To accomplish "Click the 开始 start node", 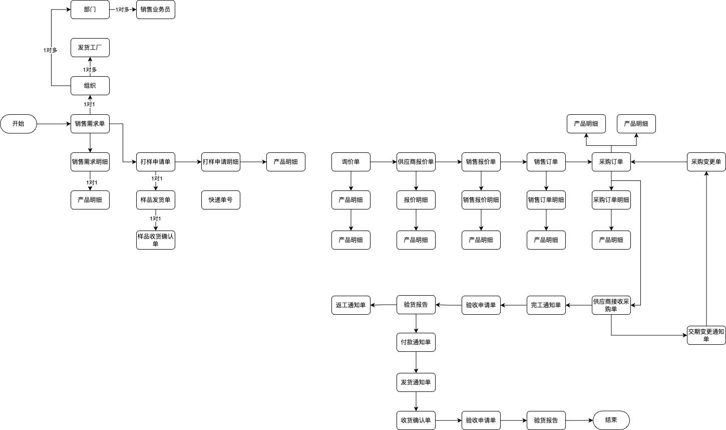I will click(x=19, y=124).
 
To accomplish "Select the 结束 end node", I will click(x=611, y=420).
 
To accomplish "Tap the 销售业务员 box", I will click(x=156, y=10).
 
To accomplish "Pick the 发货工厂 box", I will click(x=90, y=48).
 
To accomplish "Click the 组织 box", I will click(x=90, y=86).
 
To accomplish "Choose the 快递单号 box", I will click(x=221, y=200).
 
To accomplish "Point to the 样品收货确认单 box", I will click(x=156, y=240).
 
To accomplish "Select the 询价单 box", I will click(x=351, y=162).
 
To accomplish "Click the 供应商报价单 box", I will click(x=416, y=162).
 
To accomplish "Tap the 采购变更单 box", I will click(x=706, y=162).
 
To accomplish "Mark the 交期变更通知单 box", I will click(x=706, y=335).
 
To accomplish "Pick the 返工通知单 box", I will click(x=351, y=305).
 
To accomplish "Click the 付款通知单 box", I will click(x=416, y=343).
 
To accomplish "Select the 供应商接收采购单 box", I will click(x=611, y=305).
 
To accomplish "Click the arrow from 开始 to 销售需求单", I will click(x=54, y=124).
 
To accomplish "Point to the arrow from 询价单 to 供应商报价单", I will click(x=384, y=162).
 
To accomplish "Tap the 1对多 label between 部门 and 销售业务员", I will click(x=123, y=10).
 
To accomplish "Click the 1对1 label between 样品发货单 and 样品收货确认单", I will click(x=155, y=219).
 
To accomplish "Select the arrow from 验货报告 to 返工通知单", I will click(x=384, y=305).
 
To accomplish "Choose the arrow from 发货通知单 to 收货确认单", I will click(x=416, y=401).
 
